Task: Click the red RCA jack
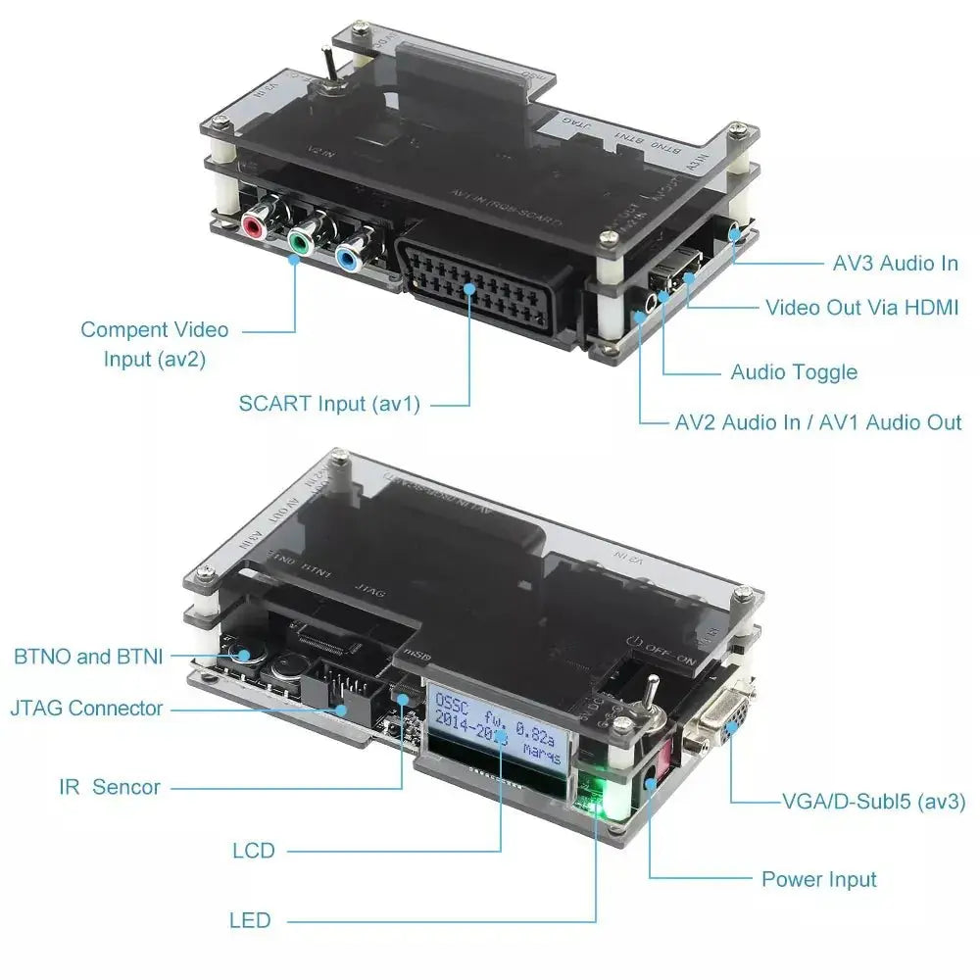(x=254, y=227)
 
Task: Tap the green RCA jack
(x=299, y=238)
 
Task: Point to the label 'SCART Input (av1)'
(x=329, y=403)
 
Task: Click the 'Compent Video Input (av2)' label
(x=154, y=344)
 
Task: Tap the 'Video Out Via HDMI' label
(x=861, y=308)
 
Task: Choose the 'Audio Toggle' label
(x=794, y=372)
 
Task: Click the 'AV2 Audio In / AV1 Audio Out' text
(x=818, y=422)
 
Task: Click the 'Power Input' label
(x=819, y=879)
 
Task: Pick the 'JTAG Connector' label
(x=86, y=708)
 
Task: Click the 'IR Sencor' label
(x=109, y=786)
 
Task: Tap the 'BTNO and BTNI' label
(x=88, y=657)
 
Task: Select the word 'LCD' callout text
(x=254, y=851)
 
